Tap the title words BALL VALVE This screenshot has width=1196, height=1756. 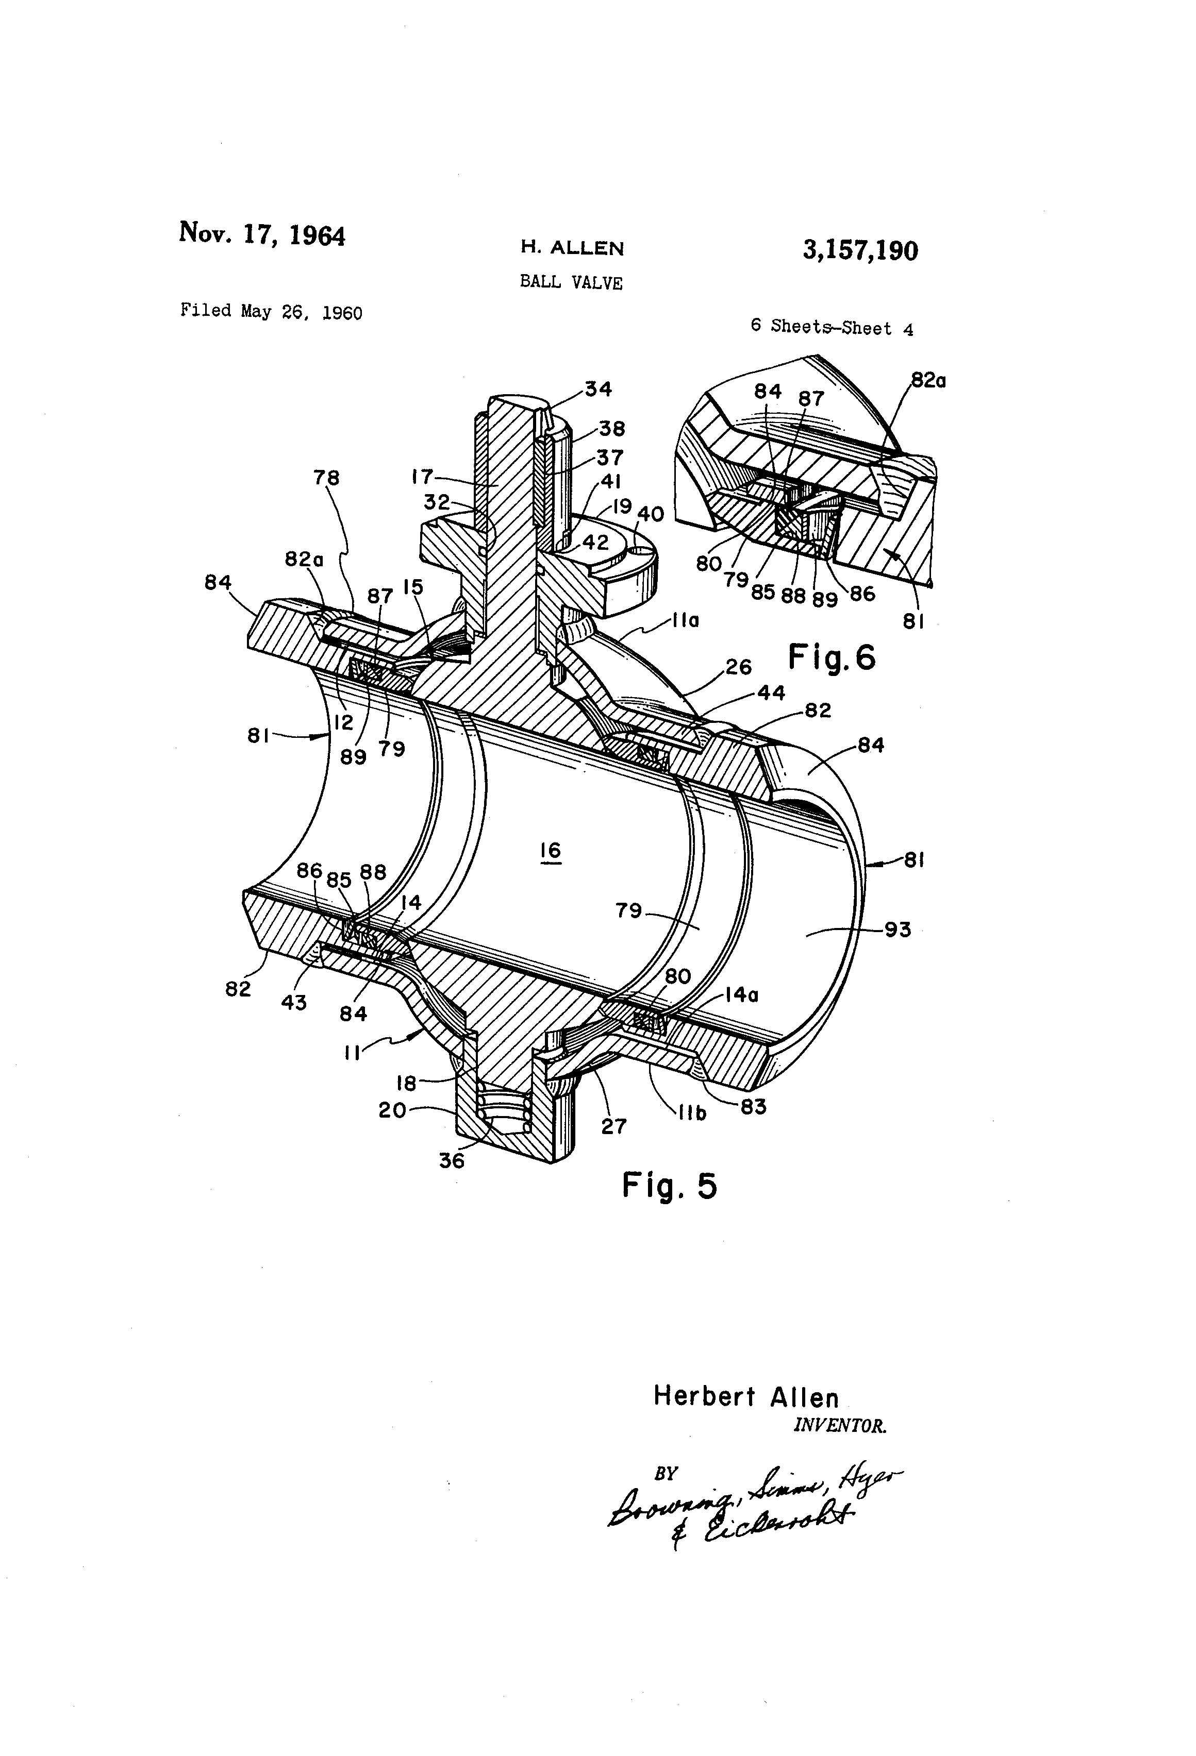click(571, 282)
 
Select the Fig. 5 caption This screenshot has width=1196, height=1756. click(669, 1186)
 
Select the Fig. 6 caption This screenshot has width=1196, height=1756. click(832, 656)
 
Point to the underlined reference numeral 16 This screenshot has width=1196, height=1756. click(551, 851)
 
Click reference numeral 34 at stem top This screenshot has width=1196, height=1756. click(598, 389)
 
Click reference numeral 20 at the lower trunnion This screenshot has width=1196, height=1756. click(392, 1110)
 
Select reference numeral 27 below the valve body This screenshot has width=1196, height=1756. click(613, 1126)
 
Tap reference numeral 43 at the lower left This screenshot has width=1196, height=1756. click(293, 1003)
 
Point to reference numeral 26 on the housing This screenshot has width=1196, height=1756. click(738, 666)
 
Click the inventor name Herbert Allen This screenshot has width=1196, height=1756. click(745, 1396)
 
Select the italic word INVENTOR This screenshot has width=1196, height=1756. click(839, 1426)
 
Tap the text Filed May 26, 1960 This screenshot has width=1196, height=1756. click(271, 311)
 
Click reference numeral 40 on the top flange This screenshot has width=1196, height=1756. click(650, 515)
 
